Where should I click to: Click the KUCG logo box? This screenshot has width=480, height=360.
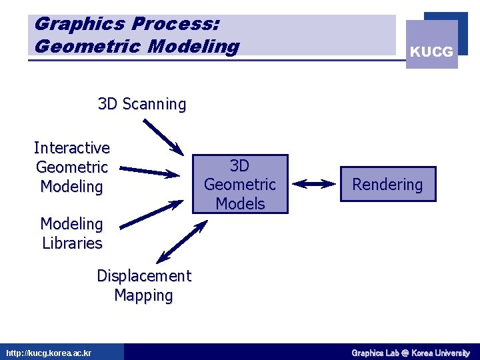pyautogui.click(x=432, y=45)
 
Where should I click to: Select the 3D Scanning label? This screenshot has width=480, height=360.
pyautogui.click(x=142, y=104)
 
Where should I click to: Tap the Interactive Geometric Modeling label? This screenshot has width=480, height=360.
pyautogui.click(x=72, y=167)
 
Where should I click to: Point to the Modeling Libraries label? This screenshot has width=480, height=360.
pyautogui.click(x=72, y=233)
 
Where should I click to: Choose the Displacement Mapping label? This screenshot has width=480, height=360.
pyautogui.click(x=143, y=285)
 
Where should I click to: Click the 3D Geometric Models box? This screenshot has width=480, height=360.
pyautogui.click(x=240, y=184)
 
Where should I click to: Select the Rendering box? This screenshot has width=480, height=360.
pyautogui.click(x=387, y=185)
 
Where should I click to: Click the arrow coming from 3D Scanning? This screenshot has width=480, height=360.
pyautogui.click(x=163, y=135)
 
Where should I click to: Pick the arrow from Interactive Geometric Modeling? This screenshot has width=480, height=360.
pyautogui.click(x=151, y=171)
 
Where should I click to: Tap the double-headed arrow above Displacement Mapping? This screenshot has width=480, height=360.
pyautogui.click(x=181, y=241)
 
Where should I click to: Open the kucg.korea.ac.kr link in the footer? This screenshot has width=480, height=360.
pyautogui.click(x=49, y=353)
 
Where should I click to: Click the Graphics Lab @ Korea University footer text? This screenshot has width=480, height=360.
pyautogui.click(x=411, y=353)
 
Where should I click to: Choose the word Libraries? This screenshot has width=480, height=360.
pyautogui.click(x=72, y=243)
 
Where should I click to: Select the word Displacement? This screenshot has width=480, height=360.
pyautogui.click(x=143, y=276)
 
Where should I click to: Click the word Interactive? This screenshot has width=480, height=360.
pyautogui.click(x=72, y=147)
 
